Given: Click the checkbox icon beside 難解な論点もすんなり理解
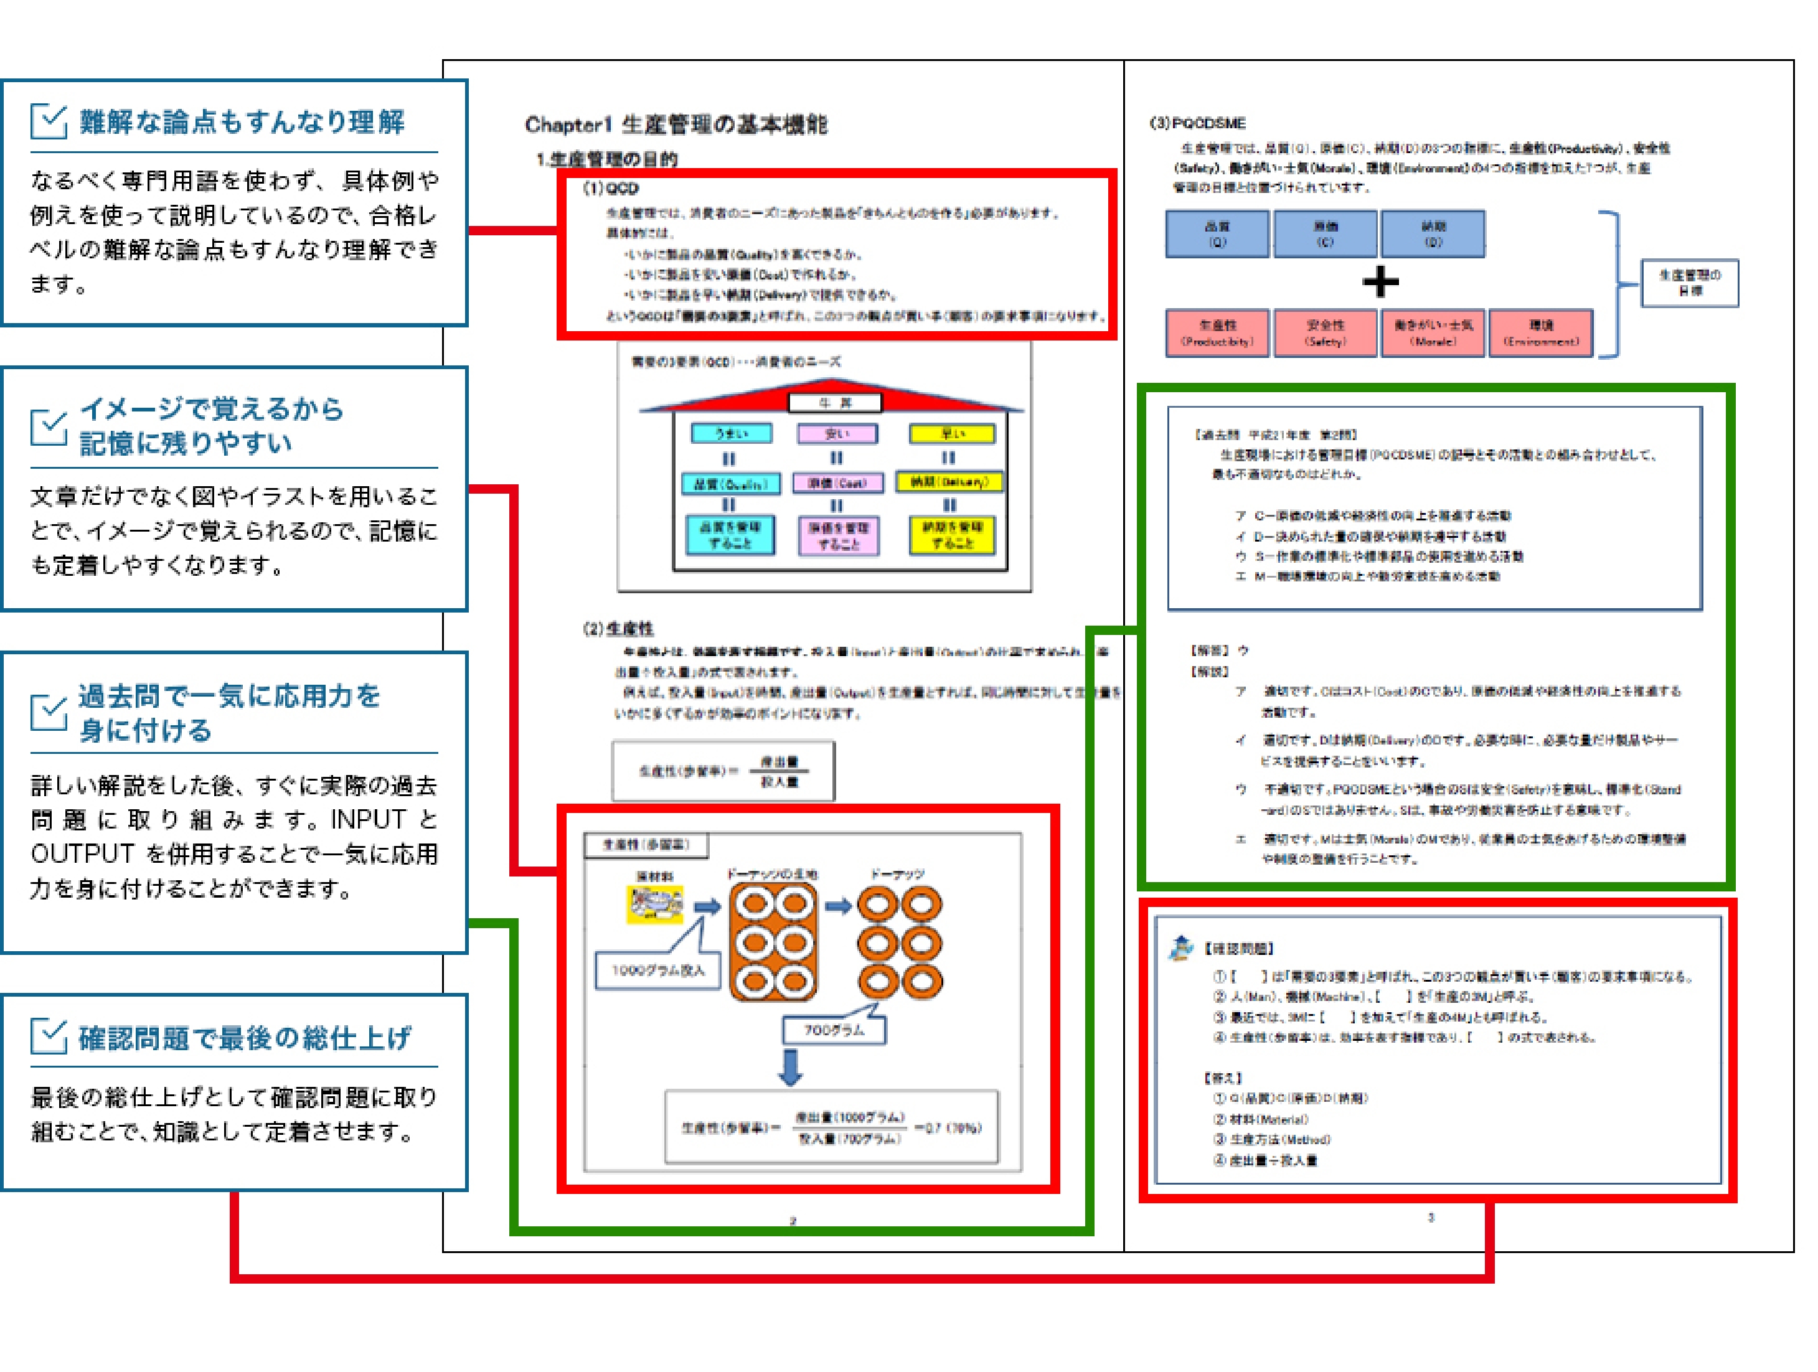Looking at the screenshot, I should [x=49, y=121].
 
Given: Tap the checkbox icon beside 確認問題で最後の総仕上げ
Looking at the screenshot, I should [x=49, y=1037].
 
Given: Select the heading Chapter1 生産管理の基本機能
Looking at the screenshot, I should [x=676, y=125].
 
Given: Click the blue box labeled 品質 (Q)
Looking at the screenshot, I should [x=1217, y=234].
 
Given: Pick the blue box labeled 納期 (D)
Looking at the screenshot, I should [x=1433, y=234].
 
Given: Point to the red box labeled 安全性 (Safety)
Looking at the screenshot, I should [x=1325, y=333].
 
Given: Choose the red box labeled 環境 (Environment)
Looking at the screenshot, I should [x=1541, y=333].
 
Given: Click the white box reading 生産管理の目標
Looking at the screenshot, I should [x=1690, y=283].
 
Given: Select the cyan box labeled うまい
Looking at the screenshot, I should [x=731, y=433].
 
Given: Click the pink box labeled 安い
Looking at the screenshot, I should [x=837, y=433].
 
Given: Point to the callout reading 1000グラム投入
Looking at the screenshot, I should [x=657, y=970].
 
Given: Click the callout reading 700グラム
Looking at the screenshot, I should [x=834, y=1030].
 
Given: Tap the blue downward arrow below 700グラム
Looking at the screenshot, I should [x=791, y=1067].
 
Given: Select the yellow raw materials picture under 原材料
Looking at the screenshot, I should [x=654, y=904].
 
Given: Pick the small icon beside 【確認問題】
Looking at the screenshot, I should [x=1181, y=948].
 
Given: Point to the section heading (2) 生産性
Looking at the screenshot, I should [x=618, y=629].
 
